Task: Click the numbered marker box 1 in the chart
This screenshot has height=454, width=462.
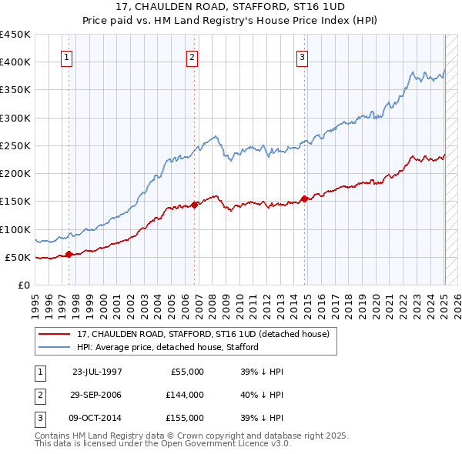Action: [x=66, y=56]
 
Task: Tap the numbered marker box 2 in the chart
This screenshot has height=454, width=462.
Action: [x=192, y=56]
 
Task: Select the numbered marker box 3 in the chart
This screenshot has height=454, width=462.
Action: [x=303, y=56]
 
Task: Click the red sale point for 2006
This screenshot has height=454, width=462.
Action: [x=195, y=204]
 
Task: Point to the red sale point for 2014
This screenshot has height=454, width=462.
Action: [x=305, y=198]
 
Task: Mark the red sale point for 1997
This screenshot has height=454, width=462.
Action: [x=69, y=253]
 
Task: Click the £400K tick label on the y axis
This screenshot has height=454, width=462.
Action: [x=15, y=62]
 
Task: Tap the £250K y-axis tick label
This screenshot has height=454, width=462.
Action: [x=15, y=145]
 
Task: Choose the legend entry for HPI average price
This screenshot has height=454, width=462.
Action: [x=167, y=347]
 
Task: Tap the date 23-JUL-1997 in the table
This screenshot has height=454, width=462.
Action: [x=96, y=372]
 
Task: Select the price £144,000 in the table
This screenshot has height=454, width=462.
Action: [x=185, y=395]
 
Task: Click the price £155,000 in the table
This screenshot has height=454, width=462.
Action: [x=185, y=418]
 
